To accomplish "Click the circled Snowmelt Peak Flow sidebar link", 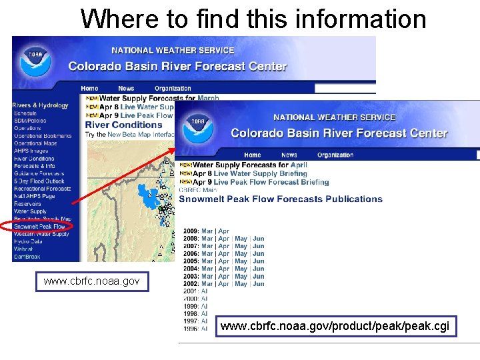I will [40, 227].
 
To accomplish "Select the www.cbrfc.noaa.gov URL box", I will [91, 281].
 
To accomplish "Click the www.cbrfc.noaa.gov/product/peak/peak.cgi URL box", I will [335, 327].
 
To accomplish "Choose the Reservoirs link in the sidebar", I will [27, 204].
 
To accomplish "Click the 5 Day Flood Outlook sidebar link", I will [39, 181].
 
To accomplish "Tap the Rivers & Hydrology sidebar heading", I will [40, 105].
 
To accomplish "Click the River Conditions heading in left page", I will [123, 125].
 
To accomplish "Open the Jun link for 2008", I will [259, 239].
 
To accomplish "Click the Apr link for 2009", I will [223, 231].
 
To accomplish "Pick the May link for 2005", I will [241, 261].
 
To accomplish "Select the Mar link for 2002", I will [207, 284].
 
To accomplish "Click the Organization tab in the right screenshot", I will [335, 155].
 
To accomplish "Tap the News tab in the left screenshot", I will [126, 88].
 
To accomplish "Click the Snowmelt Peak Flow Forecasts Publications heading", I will [281, 199].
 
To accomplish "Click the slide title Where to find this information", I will [253, 19].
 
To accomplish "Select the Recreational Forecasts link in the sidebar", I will [42, 189].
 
